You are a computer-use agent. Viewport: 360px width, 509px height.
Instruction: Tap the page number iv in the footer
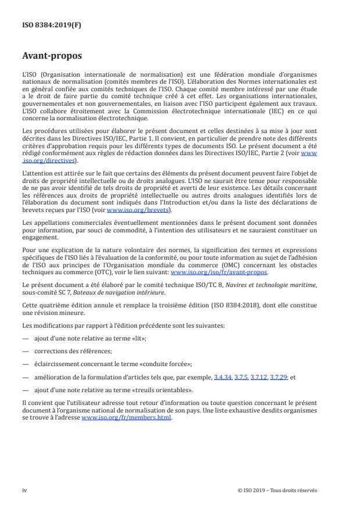tap(24, 490)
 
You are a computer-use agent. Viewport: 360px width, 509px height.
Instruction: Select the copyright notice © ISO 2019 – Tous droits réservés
tap(278, 490)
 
